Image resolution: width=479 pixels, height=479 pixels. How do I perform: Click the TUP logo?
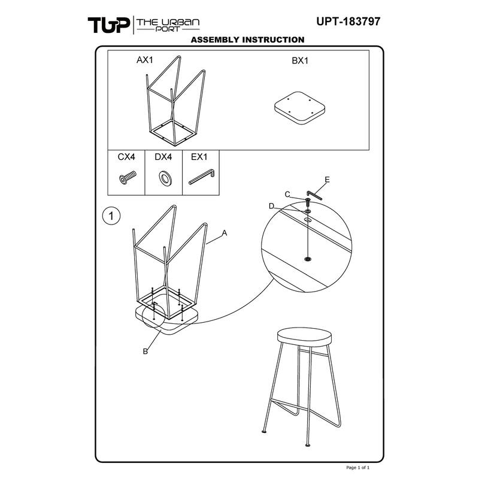click(109, 25)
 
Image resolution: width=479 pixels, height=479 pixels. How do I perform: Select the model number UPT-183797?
click(348, 22)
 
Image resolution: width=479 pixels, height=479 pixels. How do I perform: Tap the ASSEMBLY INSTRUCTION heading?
click(247, 40)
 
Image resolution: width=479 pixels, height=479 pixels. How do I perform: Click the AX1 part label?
click(145, 60)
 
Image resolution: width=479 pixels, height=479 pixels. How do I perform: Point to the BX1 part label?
click(300, 60)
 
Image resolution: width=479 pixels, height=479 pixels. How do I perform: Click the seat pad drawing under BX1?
click(300, 108)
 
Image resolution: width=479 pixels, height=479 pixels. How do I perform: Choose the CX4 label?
click(126, 157)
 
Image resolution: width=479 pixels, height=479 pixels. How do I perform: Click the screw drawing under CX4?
click(128, 177)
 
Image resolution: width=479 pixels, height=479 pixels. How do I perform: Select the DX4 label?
click(163, 157)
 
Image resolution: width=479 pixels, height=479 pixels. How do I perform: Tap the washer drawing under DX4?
click(165, 178)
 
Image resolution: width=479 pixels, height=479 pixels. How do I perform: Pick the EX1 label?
click(199, 157)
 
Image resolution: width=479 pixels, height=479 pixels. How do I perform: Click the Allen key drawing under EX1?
click(202, 177)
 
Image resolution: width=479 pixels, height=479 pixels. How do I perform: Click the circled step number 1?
click(111, 216)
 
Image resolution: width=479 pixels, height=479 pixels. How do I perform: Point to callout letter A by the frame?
click(225, 233)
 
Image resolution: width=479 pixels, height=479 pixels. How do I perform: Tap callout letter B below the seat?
click(145, 351)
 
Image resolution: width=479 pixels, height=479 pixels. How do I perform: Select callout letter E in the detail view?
click(327, 180)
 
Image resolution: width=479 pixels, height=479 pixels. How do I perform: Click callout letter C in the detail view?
click(287, 195)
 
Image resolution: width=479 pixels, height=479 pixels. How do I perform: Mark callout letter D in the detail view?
click(272, 207)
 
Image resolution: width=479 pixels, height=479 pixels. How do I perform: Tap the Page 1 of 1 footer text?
click(357, 468)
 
